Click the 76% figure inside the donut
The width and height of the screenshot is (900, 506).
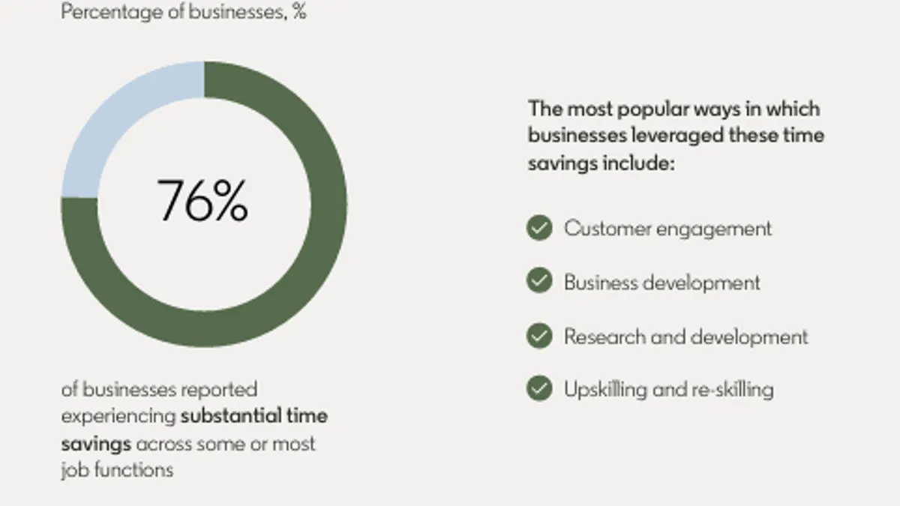(202, 200)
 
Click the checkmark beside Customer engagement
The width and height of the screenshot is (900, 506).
(539, 228)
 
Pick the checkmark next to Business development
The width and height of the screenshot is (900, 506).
(539, 280)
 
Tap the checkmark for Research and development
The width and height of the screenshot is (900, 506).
(539, 336)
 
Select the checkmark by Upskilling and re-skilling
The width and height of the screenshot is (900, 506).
(539, 388)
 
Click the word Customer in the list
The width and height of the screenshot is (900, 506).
(608, 229)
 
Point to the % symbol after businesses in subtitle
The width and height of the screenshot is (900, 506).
(300, 12)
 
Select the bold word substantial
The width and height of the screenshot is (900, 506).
(231, 415)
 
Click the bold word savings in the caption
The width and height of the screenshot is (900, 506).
(96, 445)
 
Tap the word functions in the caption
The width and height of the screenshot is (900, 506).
(133, 469)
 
